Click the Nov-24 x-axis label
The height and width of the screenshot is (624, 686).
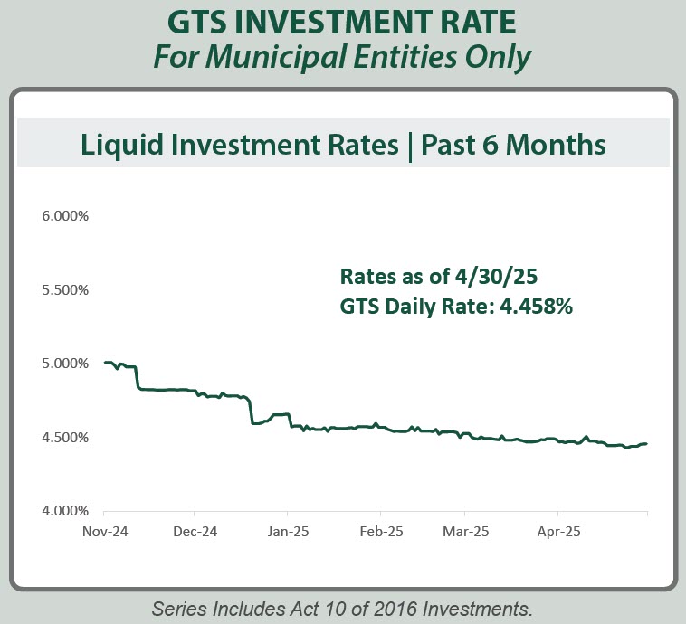pyautogui.click(x=104, y=532)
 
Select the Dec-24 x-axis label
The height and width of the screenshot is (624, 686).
pyautogui.click(x=195, y=532)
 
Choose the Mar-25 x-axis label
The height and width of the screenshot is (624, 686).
pyautogui.click(x=467, y=532)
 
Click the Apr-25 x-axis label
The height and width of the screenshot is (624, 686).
pyautogui.click(x=558, y=532)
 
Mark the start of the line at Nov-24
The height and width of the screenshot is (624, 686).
pyautogui.click(x=105, y=363)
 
